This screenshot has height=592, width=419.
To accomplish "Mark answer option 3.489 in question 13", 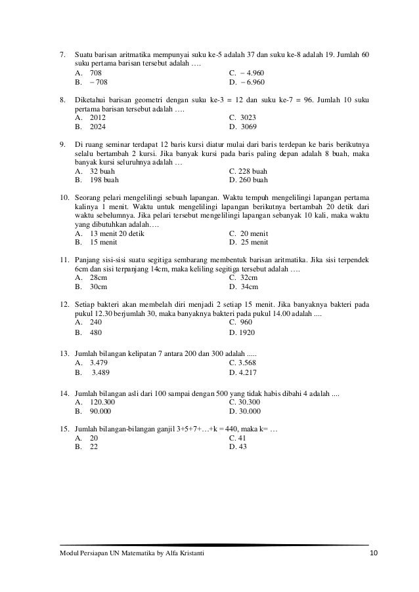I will (101, 372).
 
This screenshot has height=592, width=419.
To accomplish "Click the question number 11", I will (65, 258).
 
